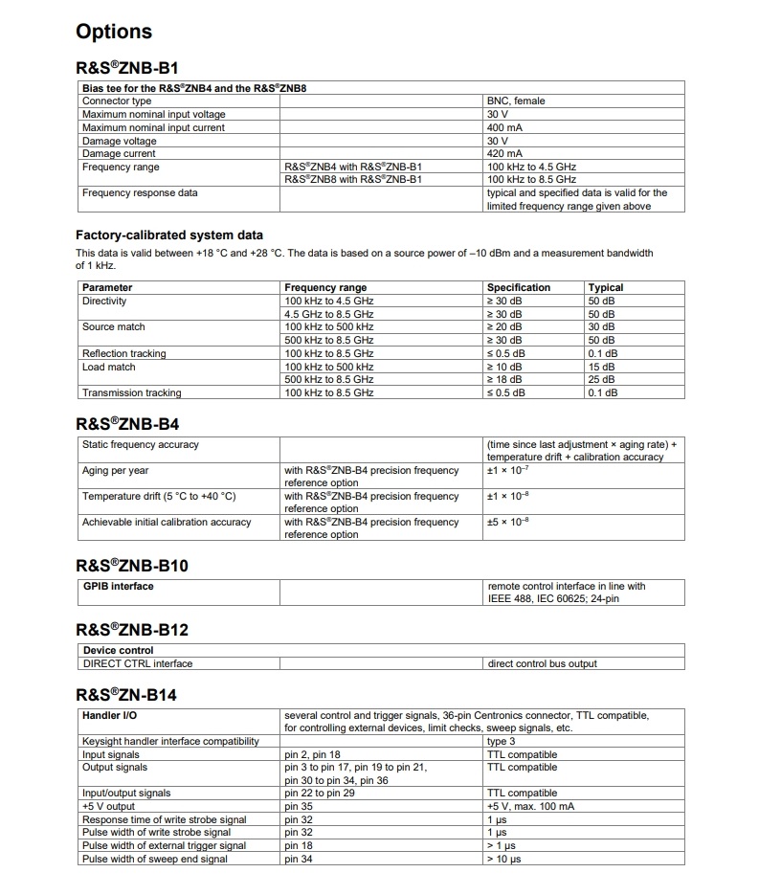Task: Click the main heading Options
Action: click(114, 32)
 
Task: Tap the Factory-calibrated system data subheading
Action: click(169, 235)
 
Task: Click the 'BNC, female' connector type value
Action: click(516, 101)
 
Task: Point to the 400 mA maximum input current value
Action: click(504, 127)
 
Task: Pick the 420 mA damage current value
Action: click(504, 153)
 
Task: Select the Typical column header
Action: click(605, 287)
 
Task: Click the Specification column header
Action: click(519, 287)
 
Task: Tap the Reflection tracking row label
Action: click(123, 353)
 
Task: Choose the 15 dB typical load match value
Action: click(601, 367)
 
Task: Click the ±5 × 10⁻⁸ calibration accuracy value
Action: click(508, 522)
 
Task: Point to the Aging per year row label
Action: click(115, 471)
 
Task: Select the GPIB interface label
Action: click(118, 586)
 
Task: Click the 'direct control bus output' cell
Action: click(543, 663)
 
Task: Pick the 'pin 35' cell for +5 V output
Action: click(299, 806)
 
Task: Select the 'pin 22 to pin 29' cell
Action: click(320, 793)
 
